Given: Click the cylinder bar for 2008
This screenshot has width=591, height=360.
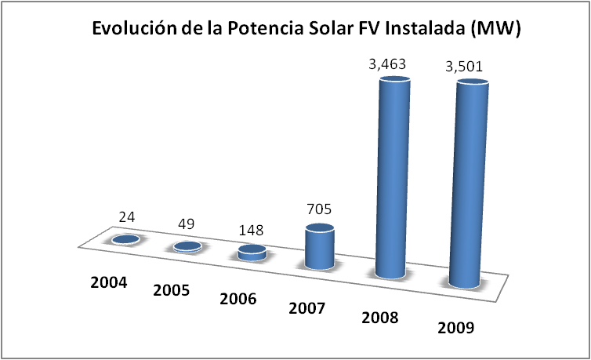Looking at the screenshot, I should [391, 180].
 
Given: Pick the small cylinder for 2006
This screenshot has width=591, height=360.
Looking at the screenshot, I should [252, 253].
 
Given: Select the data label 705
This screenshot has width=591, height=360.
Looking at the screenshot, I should [321, 209].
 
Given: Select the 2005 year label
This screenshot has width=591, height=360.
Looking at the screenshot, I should [172, 290].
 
